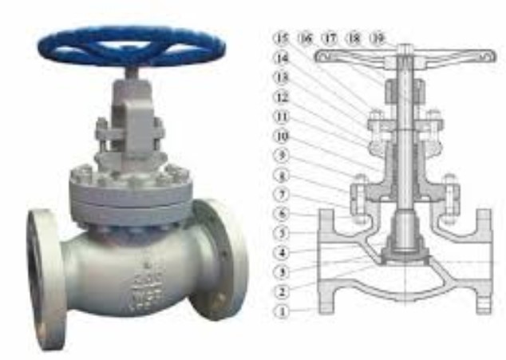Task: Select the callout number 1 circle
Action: [279, 310]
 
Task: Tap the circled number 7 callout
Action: [279, 195]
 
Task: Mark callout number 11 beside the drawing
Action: [279, 116]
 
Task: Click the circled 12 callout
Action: [279, 97]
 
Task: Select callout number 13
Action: [279, 77]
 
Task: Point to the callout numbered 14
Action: [279, 57]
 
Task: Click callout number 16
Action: [304, 38]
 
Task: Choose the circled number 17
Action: [329, 38]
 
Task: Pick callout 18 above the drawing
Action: [354, 38]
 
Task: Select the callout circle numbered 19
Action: [380, 38]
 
